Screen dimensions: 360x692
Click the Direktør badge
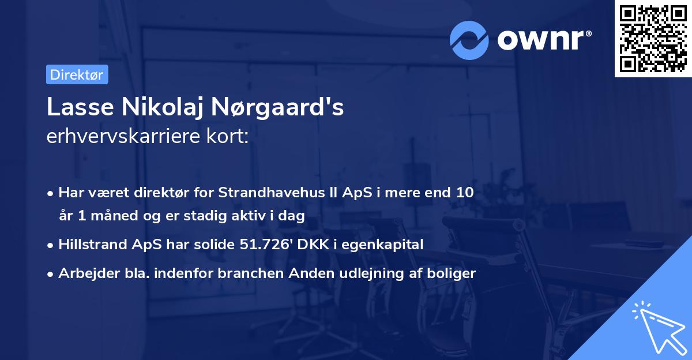click(x=77, y=74)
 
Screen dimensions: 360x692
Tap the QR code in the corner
click(x=653, y=39)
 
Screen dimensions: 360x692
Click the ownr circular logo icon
click(x=469, y=40)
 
